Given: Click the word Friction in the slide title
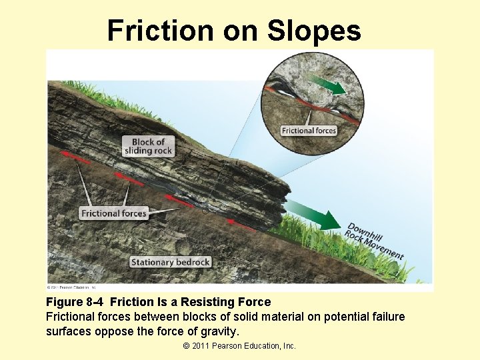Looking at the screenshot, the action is pos(157,31).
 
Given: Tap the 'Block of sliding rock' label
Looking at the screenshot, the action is pos(148,146).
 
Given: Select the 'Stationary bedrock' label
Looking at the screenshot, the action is pos(171,262).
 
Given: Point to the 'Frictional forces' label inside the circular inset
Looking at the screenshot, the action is pos(309,131).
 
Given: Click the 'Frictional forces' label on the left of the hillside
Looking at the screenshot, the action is pos(114,213).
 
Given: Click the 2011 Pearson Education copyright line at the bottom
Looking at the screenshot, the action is pos(239,345).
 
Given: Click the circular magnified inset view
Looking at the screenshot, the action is pos(313,97).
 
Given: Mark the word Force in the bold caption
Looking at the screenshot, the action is pos(255,303).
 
